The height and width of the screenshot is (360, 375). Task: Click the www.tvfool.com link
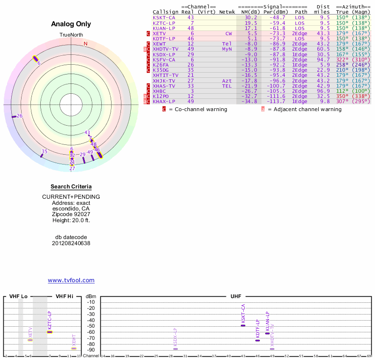(x=71, y=280)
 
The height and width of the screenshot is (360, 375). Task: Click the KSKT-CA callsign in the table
(x=164, y=17)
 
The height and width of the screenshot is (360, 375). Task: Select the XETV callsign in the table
(x=159, y=33)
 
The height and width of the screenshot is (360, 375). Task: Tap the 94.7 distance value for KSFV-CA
(x=323, y=60)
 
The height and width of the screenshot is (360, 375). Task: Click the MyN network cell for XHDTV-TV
(x=227, y=49)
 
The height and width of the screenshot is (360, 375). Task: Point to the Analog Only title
(x=71, y=24)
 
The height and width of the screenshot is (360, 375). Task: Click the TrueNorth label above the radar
(x=71, y=35)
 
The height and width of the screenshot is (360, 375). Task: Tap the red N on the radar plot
(x=85, y=44)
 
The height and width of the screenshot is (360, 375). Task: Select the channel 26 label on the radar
(x=19, y=116)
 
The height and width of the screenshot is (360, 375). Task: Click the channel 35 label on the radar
(x=45, y=151)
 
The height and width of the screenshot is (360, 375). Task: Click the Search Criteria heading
(x=71, y=187)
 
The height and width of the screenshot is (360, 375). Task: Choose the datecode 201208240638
(x=71, y=243)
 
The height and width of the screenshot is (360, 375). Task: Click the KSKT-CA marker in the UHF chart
(x=243, y=325)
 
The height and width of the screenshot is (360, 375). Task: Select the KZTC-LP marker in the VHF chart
(x=50, y=332)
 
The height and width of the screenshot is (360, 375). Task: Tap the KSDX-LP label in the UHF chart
(x=175, y=337)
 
